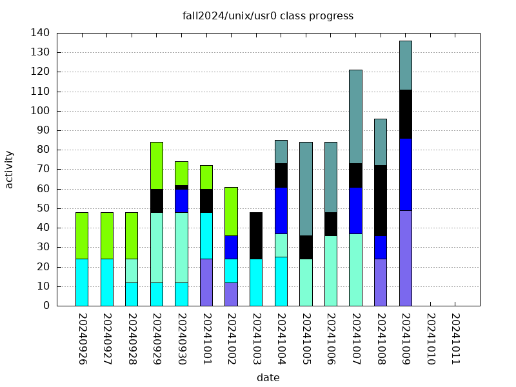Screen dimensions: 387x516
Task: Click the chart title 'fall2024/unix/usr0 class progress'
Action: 268,16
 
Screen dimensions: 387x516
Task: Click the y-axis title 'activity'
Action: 9,169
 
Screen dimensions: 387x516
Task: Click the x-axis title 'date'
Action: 268,378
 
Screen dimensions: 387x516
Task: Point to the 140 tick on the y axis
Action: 40,33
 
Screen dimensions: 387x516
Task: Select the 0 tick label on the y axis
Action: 46,306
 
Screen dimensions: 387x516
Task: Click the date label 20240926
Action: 82,339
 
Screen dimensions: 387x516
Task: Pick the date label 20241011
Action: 455,339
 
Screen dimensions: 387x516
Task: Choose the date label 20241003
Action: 256,339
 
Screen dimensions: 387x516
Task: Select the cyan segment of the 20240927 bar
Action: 106,282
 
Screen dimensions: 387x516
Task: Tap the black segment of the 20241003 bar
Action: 256,235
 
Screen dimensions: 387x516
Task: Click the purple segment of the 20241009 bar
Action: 405,258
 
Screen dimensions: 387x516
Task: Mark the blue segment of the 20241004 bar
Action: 281,211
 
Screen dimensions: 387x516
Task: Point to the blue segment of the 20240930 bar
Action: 181,201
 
